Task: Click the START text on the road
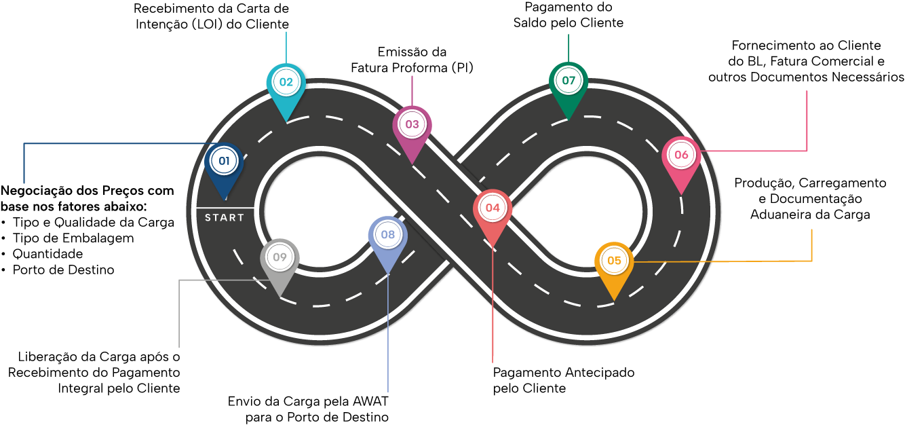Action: point(225,218)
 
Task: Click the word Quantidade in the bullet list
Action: point(47,254)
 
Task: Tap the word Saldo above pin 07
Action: point(529,22)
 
